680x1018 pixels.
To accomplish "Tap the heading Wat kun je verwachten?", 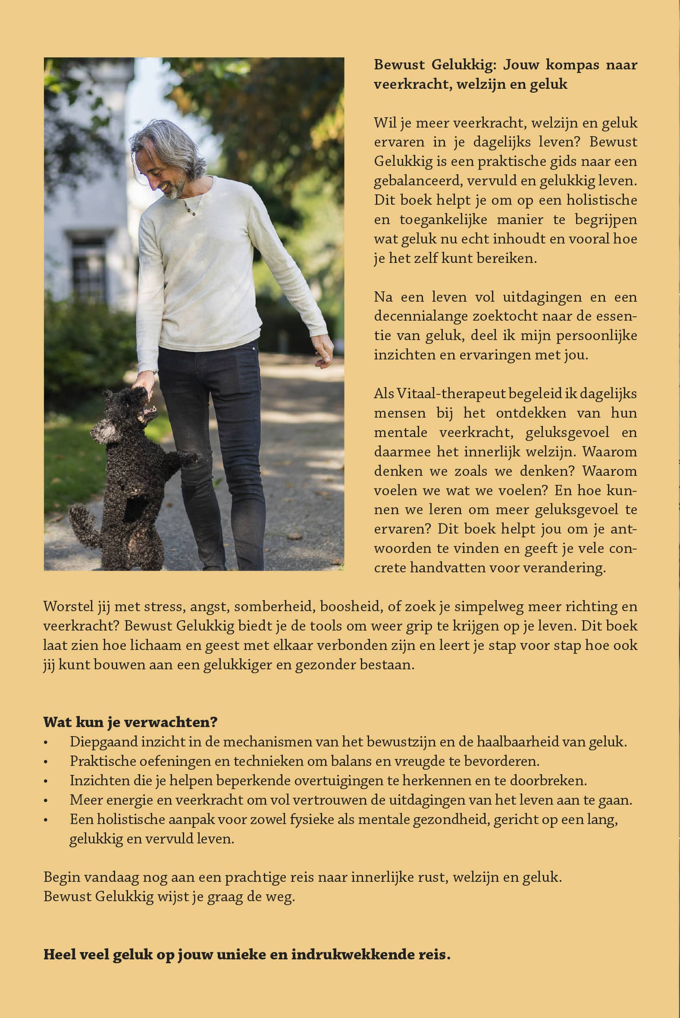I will click(130, 722).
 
